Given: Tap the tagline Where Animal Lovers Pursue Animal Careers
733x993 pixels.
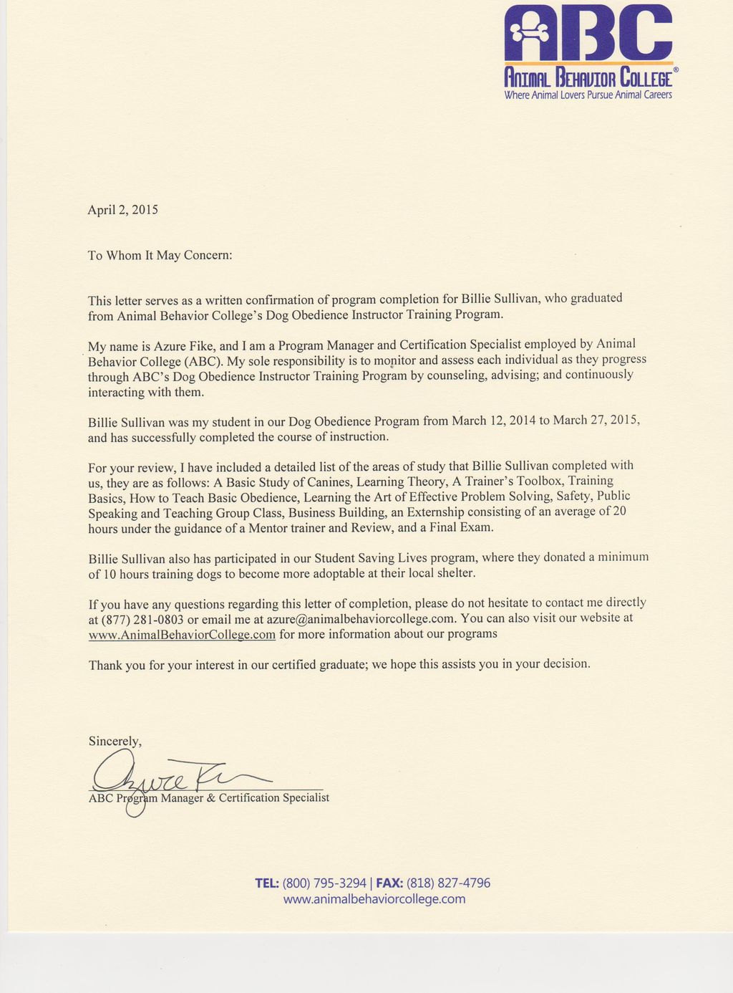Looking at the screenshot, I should [x=588, y=95].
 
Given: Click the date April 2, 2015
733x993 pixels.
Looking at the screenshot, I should [x=122, y=210].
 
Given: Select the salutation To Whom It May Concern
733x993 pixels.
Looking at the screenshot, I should [x=160, y=255].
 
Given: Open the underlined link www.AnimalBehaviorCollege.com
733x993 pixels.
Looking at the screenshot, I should [x=182, y=635].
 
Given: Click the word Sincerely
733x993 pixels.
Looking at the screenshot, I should [x=115, y=742].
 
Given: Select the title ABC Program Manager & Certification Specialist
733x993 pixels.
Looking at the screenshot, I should [x=208, y=798].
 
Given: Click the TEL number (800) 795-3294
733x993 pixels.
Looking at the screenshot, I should [x=324, y=883].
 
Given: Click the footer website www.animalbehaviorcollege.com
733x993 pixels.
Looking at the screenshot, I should [x=374, y=899].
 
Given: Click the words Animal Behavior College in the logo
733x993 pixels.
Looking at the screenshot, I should [x=588, y=77].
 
